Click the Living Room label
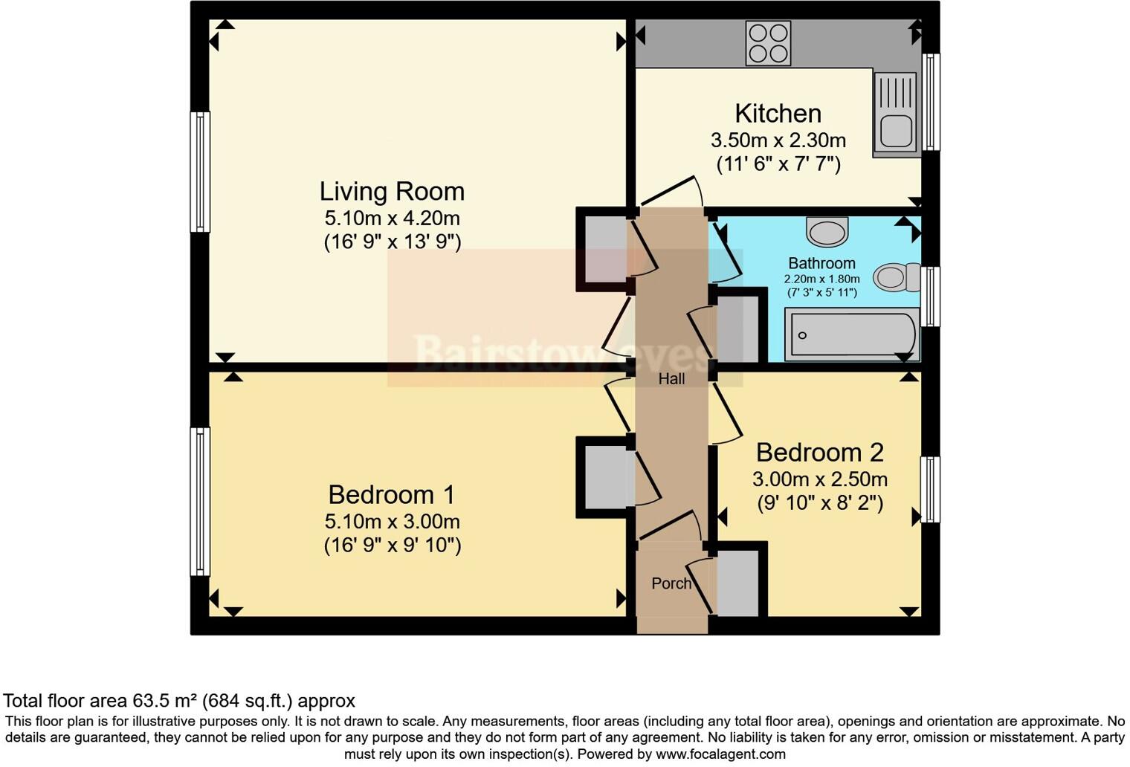pos(392,192)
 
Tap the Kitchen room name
pos(778,114)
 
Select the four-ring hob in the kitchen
pos(768,43)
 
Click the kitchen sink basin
pos(897,131)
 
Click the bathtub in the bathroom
pos(852,335)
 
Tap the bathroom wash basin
pos(827,231)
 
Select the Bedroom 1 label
pos(392,495)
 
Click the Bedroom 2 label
pos(820,453)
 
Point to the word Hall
pos(671,379)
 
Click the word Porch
pos(671,583)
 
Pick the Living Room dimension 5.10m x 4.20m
pos(392,219)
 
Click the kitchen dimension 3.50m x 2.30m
pos(778,140)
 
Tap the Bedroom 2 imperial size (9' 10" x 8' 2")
pos(820,502)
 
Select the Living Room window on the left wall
pos(200,172)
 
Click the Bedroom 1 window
pos(200,502)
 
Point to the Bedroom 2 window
pos(930,490)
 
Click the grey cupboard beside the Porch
pos(738,583)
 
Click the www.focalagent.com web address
pos(720,754)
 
